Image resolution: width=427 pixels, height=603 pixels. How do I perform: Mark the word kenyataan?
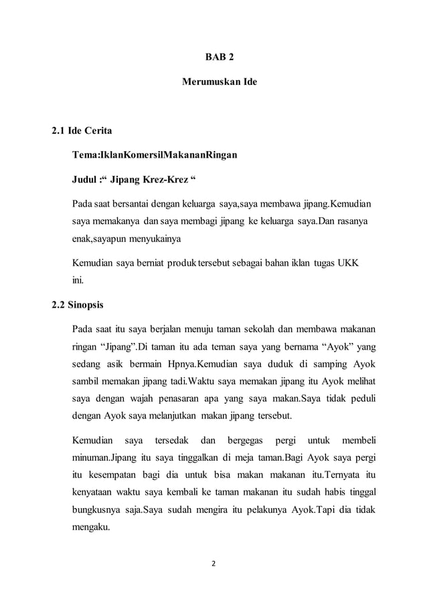click(x=94, y=493)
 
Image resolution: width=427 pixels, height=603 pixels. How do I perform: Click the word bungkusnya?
click(x=99, y=510)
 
